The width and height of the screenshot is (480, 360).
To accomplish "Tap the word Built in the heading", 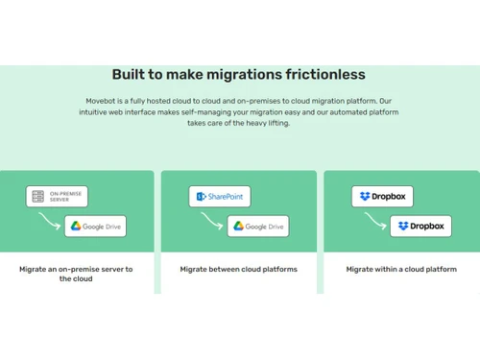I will click(130, 75).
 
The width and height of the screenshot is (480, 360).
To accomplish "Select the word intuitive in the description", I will click(97, 112).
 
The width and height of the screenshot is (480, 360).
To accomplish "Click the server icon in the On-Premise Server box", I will click(37, 197).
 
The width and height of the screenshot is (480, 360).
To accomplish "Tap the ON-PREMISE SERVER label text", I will click(65, 197).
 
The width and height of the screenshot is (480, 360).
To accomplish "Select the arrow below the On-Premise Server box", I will click(51, 219).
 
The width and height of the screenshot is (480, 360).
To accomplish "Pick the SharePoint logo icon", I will click(202, 197).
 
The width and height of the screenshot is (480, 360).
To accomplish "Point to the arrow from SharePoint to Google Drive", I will click(214, 219).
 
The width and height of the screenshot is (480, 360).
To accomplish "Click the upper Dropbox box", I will click(382, 197).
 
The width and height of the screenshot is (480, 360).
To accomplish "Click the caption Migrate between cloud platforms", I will click(238, 270).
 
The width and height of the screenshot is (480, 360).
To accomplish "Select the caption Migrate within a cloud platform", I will click(401, 270).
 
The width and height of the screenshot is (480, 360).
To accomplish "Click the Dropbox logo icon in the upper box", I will click(365, 197).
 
